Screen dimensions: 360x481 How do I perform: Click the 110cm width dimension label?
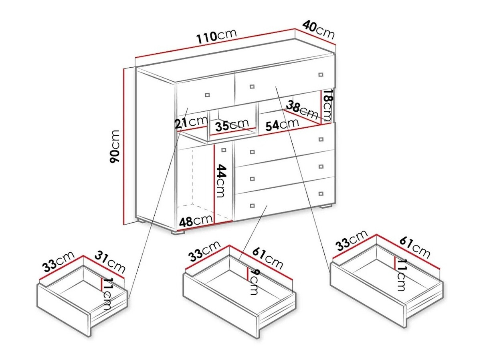(216, 36)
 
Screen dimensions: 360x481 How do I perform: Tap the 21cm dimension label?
(190, 122)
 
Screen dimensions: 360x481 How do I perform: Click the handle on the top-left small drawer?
(207, 95)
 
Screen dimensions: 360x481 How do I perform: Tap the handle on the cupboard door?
(224, 150)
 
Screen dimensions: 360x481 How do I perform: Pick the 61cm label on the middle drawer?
(268, 259)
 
